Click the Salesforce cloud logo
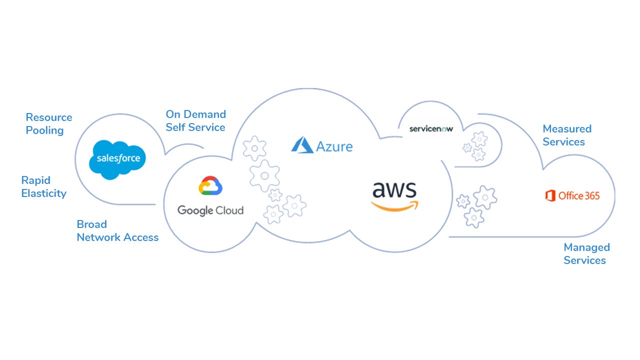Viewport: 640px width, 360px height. [117, 159]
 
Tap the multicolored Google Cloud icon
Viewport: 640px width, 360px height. [210, 185]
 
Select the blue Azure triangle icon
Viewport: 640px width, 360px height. [302, 145]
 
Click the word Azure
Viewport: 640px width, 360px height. [334, 146]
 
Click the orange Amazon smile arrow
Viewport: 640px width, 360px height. [394, 206]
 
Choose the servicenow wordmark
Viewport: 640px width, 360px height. [431, 129]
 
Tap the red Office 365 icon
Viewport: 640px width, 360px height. [550, 195]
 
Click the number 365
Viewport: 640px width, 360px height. [591, 195]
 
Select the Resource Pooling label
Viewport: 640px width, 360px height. [49, 123]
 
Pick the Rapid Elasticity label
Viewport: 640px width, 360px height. [43, 187]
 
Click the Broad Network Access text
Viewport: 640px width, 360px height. [117, 231]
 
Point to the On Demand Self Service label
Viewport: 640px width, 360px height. [196, 121]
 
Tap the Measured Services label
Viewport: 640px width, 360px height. [567, 135]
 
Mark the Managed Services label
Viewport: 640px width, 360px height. [587, 253]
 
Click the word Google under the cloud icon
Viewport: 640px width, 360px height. [195, 211]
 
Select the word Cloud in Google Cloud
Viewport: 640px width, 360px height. [229, 210]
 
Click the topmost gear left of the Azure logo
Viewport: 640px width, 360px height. [254, 148]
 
